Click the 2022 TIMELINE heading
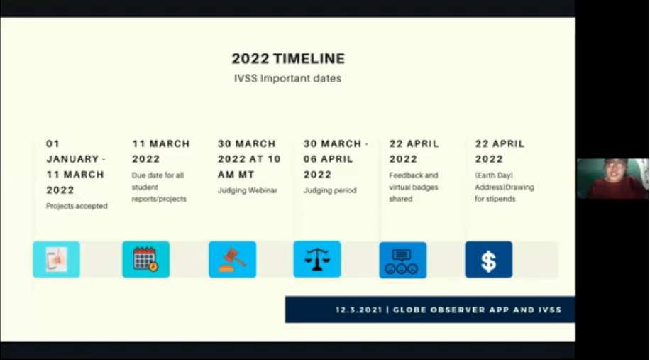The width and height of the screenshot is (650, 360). (288, 58)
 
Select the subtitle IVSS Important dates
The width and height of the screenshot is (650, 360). (287, 78)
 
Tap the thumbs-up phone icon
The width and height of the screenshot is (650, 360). (56, 260)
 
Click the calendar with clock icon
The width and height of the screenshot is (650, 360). (146, 260)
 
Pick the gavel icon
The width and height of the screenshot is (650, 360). (233, 260)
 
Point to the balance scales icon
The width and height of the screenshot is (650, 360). (317, 259)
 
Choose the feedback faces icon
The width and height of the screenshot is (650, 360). (403, 260)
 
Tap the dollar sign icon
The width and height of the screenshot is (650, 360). (489, 260)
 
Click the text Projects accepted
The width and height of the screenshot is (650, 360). (77, 206)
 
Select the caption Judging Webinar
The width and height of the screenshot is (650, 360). (248, 191)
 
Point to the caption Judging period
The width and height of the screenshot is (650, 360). (330, 191)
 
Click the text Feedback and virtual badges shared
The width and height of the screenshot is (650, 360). (414, 187)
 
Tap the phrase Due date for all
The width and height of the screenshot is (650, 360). (158, 175)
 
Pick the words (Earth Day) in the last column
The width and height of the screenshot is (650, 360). (494, 175)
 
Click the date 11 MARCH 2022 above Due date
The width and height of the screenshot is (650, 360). (161, 151)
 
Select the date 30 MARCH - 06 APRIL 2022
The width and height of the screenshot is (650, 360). (336, 159)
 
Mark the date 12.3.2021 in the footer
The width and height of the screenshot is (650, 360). (358, 310)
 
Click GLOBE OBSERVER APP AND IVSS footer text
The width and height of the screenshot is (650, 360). (477, 310)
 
